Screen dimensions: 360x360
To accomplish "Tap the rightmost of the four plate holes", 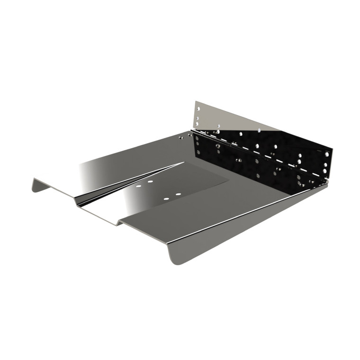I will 178,194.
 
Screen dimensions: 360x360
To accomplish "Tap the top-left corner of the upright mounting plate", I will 195,101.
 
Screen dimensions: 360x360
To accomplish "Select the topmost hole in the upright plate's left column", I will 199,108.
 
